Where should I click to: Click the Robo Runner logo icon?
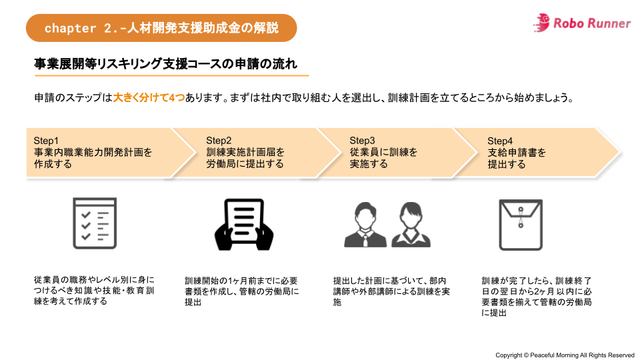pos(542,23)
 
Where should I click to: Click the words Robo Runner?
pos(591,23)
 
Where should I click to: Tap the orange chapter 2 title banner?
pos(161,28)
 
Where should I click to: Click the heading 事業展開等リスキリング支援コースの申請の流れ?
pos(165,64)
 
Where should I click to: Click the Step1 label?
pos(47,141)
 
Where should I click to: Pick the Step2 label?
pos(219,141)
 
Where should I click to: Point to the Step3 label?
pos(363,141)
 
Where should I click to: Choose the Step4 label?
pos(500,141)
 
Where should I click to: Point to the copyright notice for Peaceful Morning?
pos(565,355)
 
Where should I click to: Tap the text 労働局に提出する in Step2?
pos(245,164)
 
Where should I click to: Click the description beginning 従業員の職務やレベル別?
pos(94,291)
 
